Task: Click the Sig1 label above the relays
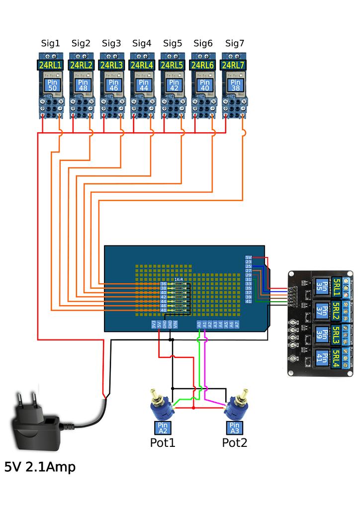tap(50, 43)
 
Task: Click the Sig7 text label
tap(235, 43)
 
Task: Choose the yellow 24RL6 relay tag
tap(203, 65)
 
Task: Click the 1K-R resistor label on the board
tap(179, 280)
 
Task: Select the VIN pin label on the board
tap(176, 325)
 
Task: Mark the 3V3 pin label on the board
tap(154, 325)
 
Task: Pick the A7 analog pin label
tap(237, 325)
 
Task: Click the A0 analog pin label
tap(199, 325)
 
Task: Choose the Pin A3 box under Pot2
tap(234, 428)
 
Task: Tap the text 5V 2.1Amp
tap(40, 467)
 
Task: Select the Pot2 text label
tap(234, 442)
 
